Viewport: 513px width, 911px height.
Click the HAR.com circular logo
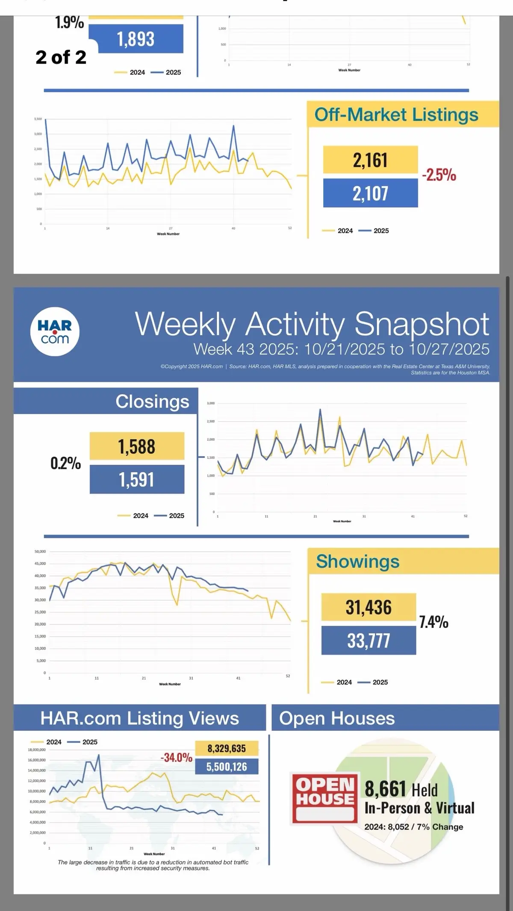55,331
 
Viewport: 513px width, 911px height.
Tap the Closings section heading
152,401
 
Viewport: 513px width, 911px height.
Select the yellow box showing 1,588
137,446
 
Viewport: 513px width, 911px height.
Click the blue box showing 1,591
137,480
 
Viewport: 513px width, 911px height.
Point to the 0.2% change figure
65,463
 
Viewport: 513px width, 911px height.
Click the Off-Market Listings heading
396,114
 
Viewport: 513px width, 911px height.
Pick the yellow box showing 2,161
370,160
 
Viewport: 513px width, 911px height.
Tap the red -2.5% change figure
439,175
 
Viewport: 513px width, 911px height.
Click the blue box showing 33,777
369,641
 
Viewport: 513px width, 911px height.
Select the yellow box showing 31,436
369,607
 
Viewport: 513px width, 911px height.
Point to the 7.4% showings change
433,622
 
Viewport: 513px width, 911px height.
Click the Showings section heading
357,561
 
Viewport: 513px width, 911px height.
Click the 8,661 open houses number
385,789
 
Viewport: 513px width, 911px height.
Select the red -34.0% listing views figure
176,758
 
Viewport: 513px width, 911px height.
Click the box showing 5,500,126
227,767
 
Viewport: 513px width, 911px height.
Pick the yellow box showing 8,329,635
227,749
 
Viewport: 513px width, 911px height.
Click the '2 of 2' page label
61,57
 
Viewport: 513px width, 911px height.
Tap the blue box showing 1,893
136,39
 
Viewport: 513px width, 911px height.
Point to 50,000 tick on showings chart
40,552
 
